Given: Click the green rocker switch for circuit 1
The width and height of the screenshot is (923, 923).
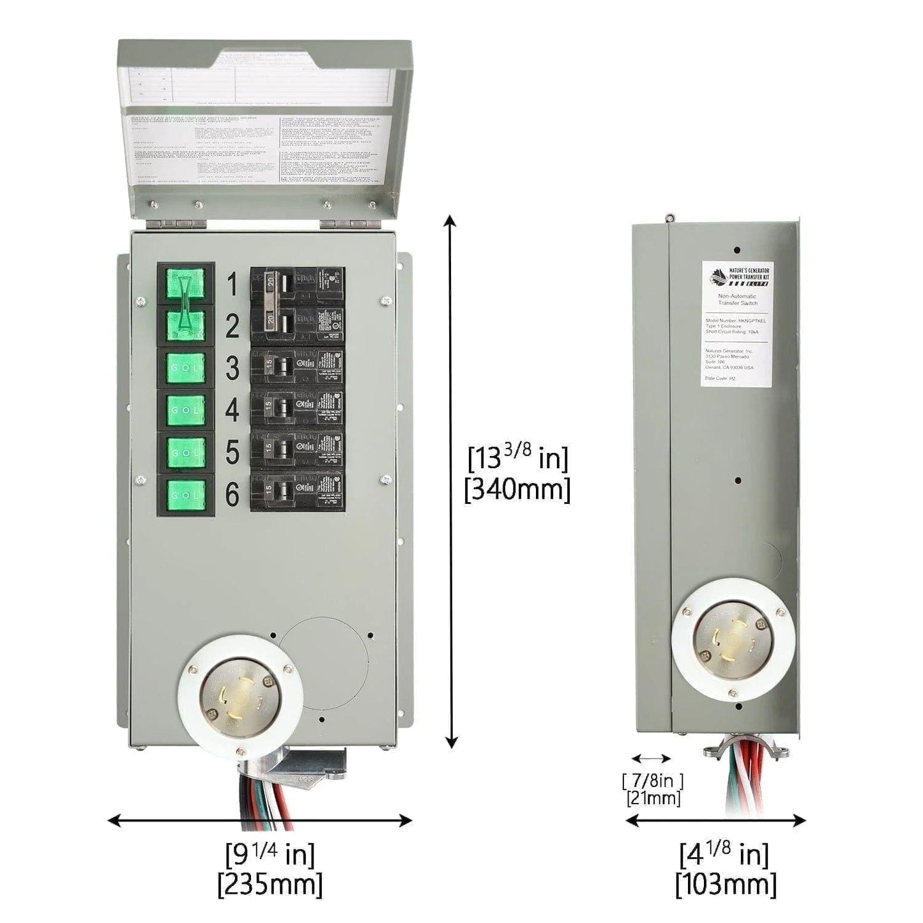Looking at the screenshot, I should click(x=185, y=284).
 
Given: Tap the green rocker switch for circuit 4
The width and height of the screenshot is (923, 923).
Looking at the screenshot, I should click(x=185, y=410).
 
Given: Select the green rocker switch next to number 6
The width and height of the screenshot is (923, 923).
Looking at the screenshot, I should click(x=185, y=494).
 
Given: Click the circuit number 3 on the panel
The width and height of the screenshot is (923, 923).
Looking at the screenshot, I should click(x=232, y=369).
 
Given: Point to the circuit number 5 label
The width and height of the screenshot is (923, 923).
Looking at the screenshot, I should click(x=232, y=452).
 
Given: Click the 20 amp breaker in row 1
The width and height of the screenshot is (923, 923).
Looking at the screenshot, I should click(x=297, y=285).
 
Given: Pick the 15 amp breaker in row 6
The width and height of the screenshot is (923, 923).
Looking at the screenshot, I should click(x=297, y=492).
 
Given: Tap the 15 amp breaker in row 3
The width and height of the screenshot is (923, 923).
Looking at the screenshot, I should click(x=297, y=367).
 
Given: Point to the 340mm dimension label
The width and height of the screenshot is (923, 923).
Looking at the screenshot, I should click(x=517, y=490).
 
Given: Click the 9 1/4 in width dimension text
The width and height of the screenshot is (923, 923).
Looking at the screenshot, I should click(x=270, y=853).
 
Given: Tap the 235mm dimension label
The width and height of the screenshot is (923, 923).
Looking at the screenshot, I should click(x=270, y=885).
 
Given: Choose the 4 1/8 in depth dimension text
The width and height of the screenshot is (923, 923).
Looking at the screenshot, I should click(x=724, y=853).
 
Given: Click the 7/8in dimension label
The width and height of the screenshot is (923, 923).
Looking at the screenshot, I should click(x=652, y=781).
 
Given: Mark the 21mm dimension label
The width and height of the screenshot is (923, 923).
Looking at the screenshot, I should click(x=653, y=798).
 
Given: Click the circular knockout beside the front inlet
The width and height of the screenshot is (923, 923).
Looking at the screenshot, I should click(x=326, y=660).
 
